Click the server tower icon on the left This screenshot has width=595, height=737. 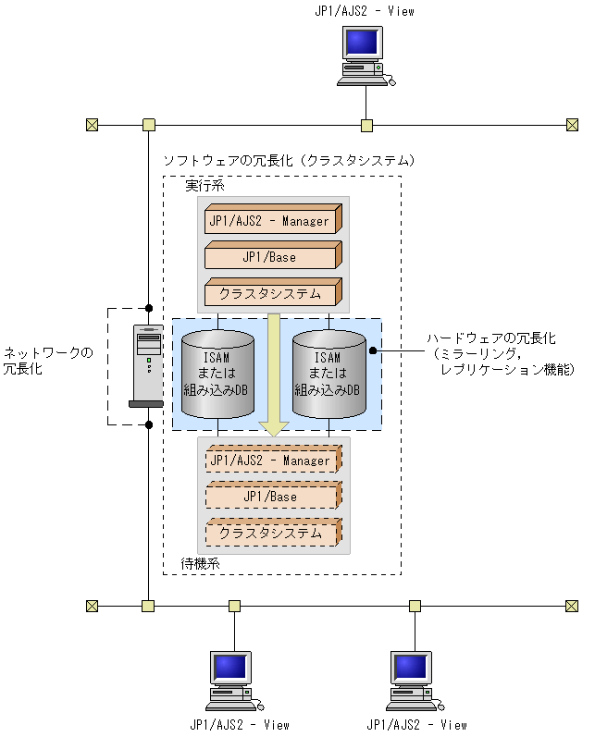point(146,366)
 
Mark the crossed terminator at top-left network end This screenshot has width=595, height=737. point(92,125)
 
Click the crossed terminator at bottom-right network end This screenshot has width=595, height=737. point(572,606)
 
